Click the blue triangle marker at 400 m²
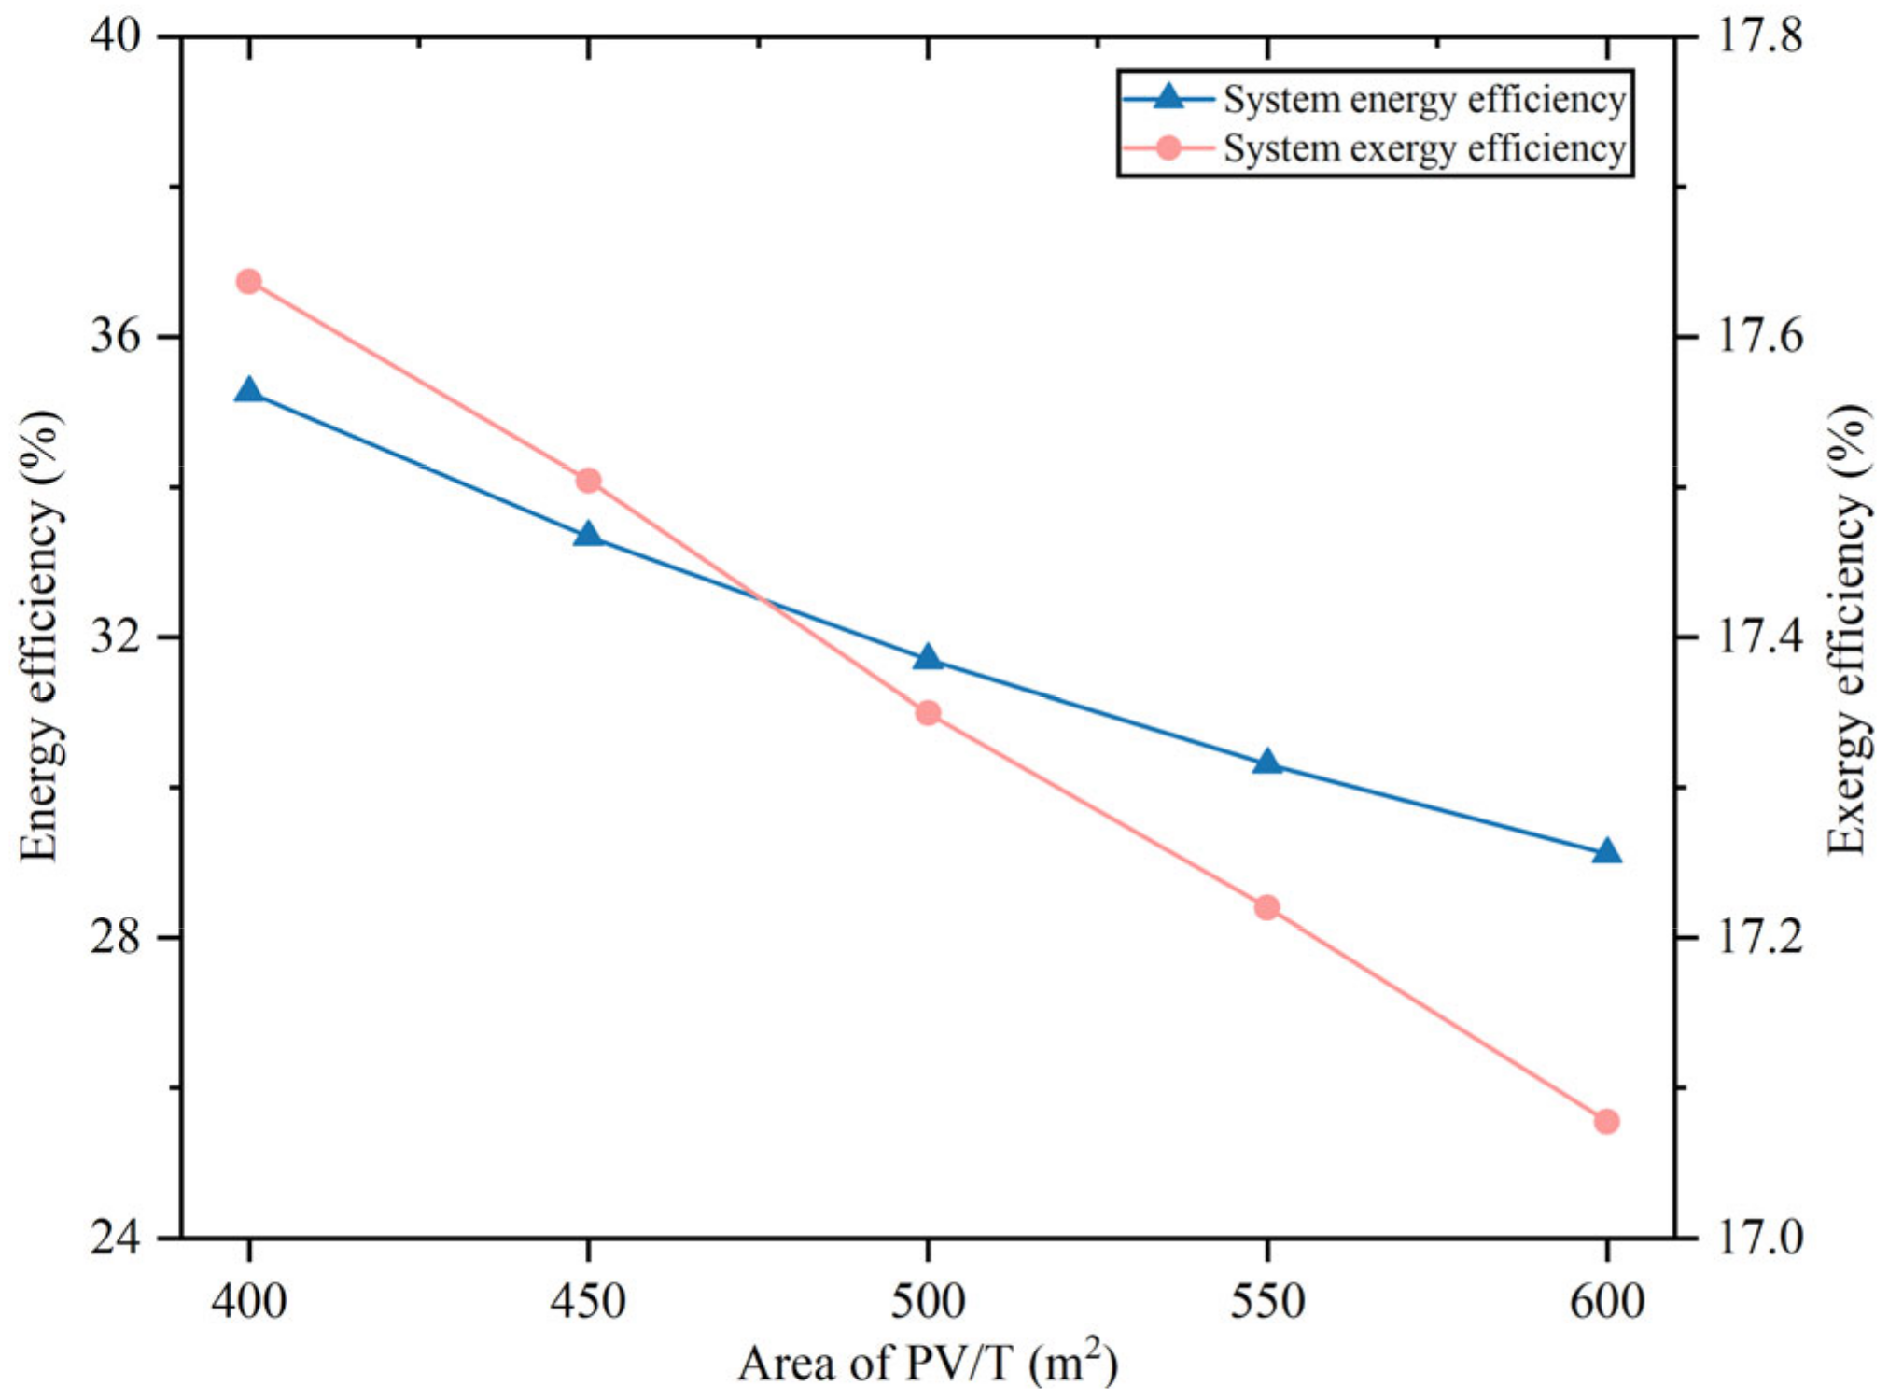click(248, 390)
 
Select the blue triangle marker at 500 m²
click(928, 658)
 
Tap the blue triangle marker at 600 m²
click(1606, 852)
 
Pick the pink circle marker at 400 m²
click(248, 281)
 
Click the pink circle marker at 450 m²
click(588, 481)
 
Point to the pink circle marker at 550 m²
click(1266, 907)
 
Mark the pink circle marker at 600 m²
click(1606, 1121)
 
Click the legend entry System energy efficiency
click(1423, 100)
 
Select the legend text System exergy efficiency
click(1423, 149)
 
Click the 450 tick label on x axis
click(588, 1300)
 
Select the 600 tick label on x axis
click(1606, 1300)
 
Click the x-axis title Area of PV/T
click(928, 1363)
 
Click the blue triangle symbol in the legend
click(1168, 97)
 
